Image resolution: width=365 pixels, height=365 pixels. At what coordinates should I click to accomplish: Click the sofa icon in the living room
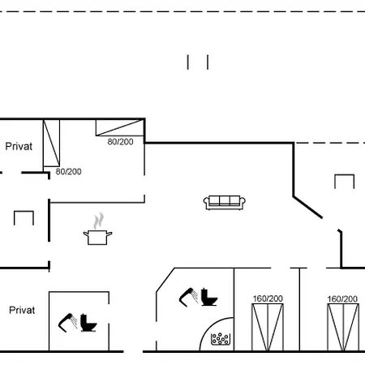coord(225,203)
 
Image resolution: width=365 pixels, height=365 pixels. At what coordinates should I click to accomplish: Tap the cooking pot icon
coord(97,238)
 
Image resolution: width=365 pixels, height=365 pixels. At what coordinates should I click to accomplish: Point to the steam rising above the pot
coord(99,221)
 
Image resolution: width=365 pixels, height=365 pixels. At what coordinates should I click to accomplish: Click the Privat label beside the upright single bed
coord(19,146)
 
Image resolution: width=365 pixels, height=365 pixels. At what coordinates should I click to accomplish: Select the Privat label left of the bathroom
coord(22,310)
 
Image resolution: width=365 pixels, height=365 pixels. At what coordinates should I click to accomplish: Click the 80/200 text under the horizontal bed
coord(120,142)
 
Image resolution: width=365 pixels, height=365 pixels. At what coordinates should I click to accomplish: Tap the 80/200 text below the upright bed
coord(68,171)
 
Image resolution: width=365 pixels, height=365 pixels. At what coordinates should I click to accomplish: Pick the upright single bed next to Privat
coord(51,143)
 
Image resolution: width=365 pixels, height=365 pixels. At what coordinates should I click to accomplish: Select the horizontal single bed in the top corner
coord(120,127)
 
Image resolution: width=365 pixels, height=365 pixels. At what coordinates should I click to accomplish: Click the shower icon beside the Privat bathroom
coord(67,322)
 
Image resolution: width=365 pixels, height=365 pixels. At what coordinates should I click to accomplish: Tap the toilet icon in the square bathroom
coord(88,323)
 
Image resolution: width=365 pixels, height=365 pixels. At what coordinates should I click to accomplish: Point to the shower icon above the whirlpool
coord(188,297)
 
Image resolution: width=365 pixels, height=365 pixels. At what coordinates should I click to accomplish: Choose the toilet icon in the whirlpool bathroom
coord(209,297)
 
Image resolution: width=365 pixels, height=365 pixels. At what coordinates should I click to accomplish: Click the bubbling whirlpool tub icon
coord(221,339)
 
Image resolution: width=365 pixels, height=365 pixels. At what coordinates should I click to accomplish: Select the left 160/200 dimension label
coord(268,298)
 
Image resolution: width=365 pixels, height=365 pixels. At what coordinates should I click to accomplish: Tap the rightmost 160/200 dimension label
coord(342,298)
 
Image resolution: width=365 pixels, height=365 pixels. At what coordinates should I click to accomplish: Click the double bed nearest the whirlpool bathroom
coord(268,327)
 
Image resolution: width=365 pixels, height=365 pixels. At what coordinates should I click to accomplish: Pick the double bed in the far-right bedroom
coord(343,327)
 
